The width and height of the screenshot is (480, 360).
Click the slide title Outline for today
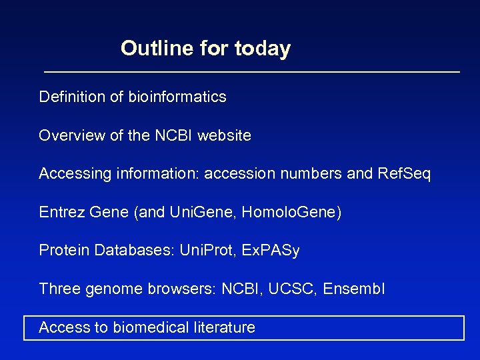tap(205, 49)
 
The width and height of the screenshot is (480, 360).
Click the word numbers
tap(317, 174)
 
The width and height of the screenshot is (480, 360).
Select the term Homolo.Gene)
tap(291, 213)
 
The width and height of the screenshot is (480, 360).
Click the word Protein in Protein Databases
tap(65, 251)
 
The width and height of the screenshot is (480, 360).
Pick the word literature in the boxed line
tap(223, 327)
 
